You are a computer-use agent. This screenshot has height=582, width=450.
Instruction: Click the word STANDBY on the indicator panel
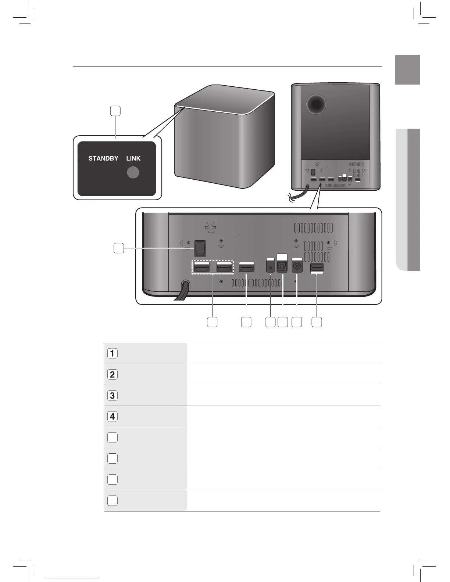[x=103, y=158]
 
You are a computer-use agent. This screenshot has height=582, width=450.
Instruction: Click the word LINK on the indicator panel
[x=133, y=158]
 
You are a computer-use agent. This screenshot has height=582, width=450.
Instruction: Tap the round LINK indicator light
[x=133, y=172]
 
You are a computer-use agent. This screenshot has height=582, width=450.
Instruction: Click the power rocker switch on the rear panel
[x=200, y=248]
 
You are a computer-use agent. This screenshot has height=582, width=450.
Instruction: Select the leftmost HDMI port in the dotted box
[x=202, y=267]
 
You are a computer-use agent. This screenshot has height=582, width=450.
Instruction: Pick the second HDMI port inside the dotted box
[x=224, y=267]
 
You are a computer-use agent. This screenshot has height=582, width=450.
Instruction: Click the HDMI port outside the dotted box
[x=247, y=267]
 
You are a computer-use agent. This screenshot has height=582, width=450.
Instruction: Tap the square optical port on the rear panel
[x=282, y=266]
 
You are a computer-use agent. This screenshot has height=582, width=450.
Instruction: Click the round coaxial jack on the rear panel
[x=297, y=266]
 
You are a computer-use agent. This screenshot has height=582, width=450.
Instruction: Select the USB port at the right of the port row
[x=317, y=267]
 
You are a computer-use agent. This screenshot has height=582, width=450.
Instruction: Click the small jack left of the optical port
[x=270, y=266]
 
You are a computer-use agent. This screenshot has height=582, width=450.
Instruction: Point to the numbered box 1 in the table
[x=113, y=353]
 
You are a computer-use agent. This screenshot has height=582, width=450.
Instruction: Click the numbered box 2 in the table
[x=113, y=374]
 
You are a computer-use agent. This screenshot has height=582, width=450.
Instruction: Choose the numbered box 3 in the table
[x=113, y=395]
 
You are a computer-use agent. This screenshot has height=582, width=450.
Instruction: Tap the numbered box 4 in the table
[x=113, y=416]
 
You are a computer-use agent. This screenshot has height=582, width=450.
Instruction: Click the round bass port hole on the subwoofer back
[x=315, y=104]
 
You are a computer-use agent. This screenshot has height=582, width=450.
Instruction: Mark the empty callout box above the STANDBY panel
[x=115, y=111]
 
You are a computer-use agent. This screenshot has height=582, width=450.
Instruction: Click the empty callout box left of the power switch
[x=118, y=248]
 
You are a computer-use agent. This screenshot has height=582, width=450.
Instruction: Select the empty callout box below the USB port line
[x=317, y=322]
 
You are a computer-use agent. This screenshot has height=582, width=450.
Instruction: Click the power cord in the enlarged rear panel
[x=182, y=292]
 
